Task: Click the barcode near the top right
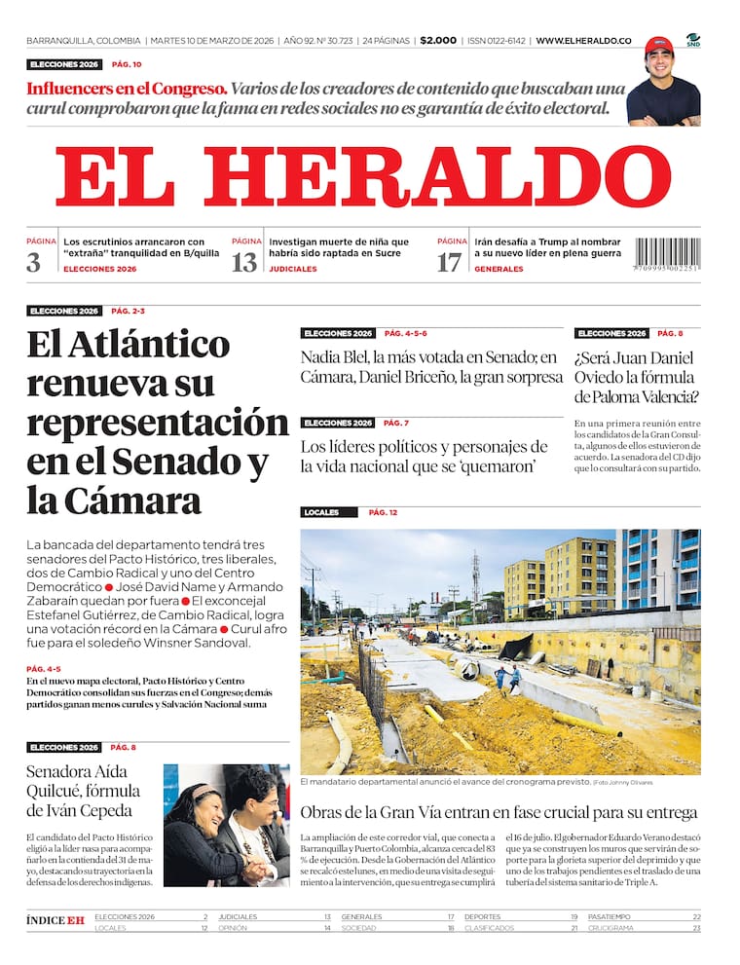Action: tap(667, 255)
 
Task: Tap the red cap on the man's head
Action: tap(659, 45)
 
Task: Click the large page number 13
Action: tap(243, 262)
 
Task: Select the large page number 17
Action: tap(449, 262)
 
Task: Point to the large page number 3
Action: tap(34, 262)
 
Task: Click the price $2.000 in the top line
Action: tap(438, 41)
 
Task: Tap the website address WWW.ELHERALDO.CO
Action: tap(583, 41)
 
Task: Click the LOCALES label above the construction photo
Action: tap(321, 512)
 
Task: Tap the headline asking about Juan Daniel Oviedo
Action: tap(635, 376)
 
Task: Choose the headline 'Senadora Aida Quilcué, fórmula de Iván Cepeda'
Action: tap(84, 791)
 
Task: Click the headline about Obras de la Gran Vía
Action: tap(499, 812)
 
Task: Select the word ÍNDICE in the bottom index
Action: tap(46, 920)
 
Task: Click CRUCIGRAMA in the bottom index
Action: tap(610, 928)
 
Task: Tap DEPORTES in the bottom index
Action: tap(483, 916)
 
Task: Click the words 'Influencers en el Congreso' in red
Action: tap(128, 88)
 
